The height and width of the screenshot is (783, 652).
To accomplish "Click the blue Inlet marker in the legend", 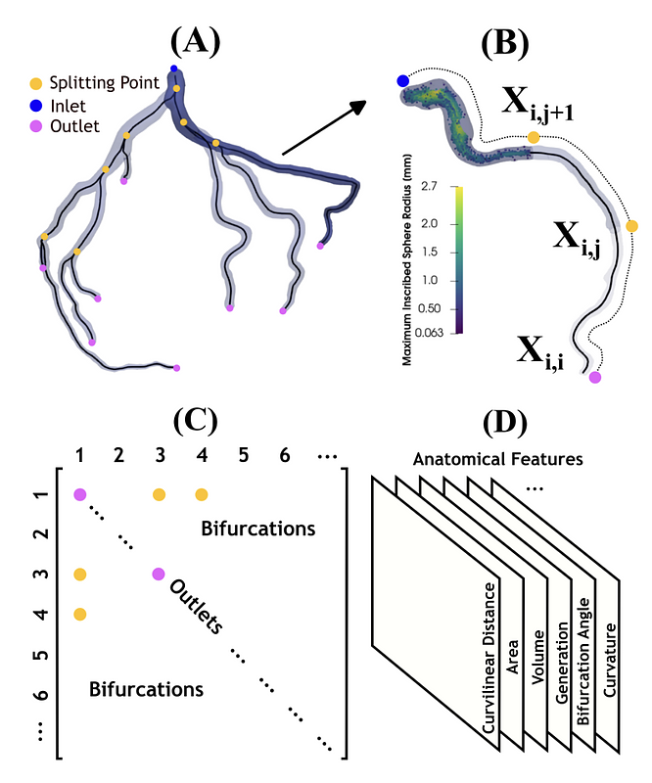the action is pos(36,106).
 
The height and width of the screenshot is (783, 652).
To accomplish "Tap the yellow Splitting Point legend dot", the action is pos(36,83).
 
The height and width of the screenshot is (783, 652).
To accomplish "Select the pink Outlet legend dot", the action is pos(36,127).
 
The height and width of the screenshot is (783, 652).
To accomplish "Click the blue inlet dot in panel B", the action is pos(403,81).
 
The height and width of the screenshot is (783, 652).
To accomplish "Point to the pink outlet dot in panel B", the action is pos(595,377).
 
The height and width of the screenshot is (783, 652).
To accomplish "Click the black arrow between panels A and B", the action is pos(325,128).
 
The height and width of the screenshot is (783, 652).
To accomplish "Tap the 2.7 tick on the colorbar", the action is pos(429,187).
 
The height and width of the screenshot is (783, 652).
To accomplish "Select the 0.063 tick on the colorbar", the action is pos(429,333).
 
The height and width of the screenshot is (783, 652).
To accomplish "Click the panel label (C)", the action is pos(196,421).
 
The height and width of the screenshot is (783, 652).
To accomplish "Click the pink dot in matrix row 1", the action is pos(80,495).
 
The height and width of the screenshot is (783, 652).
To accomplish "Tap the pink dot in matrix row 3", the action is pos(159,575).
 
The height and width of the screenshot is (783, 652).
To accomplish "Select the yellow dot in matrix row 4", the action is pos(80,614).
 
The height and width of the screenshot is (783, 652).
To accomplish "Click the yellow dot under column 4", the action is pos(202,495).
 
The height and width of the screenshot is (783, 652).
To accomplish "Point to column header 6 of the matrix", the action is pos(284,455).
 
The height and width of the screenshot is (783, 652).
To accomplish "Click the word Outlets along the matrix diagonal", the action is pos(197,607).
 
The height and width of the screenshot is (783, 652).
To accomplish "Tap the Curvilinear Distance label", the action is pos(489,658).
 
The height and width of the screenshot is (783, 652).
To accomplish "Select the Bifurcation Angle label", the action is pos(583,662).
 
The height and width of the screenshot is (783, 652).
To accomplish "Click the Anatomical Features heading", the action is pos(497,459).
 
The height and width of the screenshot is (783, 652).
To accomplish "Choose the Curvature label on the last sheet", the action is pos(610,660).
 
